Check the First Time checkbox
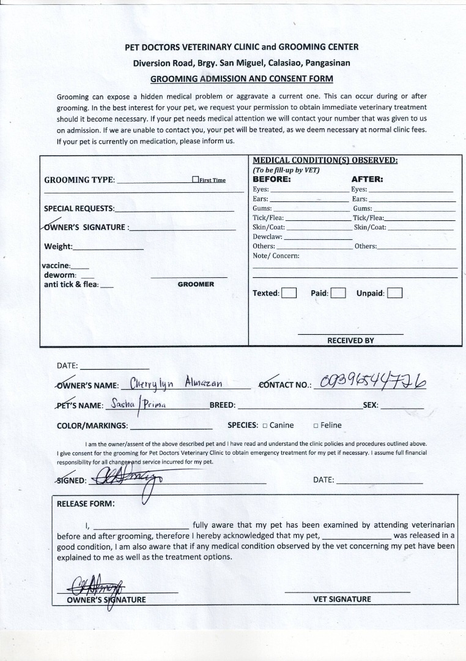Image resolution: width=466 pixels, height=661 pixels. [196, 179]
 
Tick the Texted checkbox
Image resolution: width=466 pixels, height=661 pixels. [289, 293]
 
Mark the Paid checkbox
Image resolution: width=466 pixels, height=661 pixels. [338, 293]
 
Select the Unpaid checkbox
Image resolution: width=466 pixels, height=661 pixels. [394, 293]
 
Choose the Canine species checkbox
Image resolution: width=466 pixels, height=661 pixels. [265, 425]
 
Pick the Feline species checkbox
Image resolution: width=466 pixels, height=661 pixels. [316, 425]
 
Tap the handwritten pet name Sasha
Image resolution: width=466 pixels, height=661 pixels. [122, 404]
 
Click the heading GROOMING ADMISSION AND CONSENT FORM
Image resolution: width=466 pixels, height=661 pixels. [242, 78]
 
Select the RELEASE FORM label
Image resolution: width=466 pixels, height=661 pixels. [85, 504]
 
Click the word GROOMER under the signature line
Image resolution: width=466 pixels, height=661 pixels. [196, 285]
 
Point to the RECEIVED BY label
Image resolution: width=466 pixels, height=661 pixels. [350, 340]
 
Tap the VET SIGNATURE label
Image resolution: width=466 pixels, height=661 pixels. [342, 599]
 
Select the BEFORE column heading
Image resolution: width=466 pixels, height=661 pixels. [272, 180]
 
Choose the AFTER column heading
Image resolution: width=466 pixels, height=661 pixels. [367, 180]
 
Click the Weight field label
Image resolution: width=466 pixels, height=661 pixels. [58, 247]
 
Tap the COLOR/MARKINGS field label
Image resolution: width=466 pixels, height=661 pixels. [92, 425]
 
